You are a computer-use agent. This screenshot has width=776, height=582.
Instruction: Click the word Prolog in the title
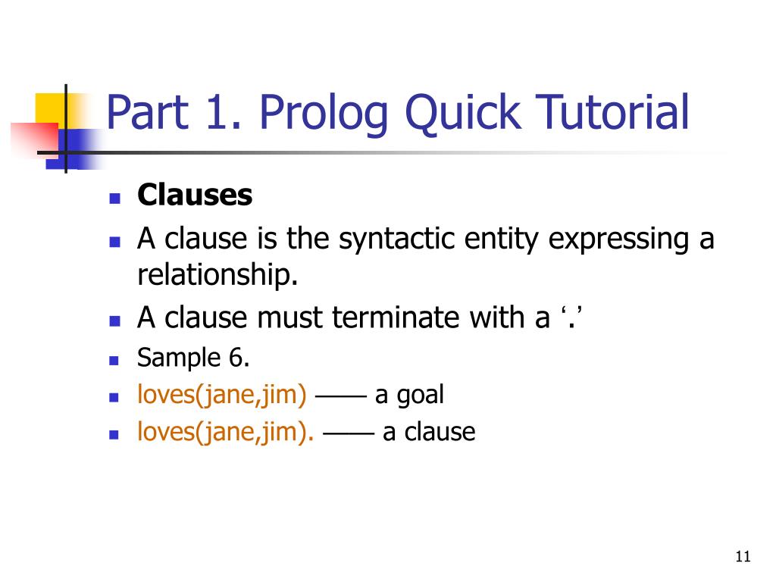(x=323, y=112)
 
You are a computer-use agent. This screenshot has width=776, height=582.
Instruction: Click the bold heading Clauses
(x=195, y=196)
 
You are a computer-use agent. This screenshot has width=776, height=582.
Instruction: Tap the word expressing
(x=621, y=239)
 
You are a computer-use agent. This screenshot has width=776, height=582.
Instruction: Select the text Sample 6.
(x=193, y=358)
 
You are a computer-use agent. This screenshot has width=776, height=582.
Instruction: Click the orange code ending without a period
(x=222, y=395)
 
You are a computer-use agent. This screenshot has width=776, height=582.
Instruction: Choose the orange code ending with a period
(x=226, y=432)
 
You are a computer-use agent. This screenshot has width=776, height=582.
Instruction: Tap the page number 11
(x=743, y=557)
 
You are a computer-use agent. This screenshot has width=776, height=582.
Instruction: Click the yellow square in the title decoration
(x=52, y=108)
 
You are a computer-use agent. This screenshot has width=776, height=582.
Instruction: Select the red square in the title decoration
(x=35, y=137)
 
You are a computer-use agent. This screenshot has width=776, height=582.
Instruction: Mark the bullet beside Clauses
(x=115, y=199)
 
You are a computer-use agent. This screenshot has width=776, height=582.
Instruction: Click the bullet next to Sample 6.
(x=115, y=360)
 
